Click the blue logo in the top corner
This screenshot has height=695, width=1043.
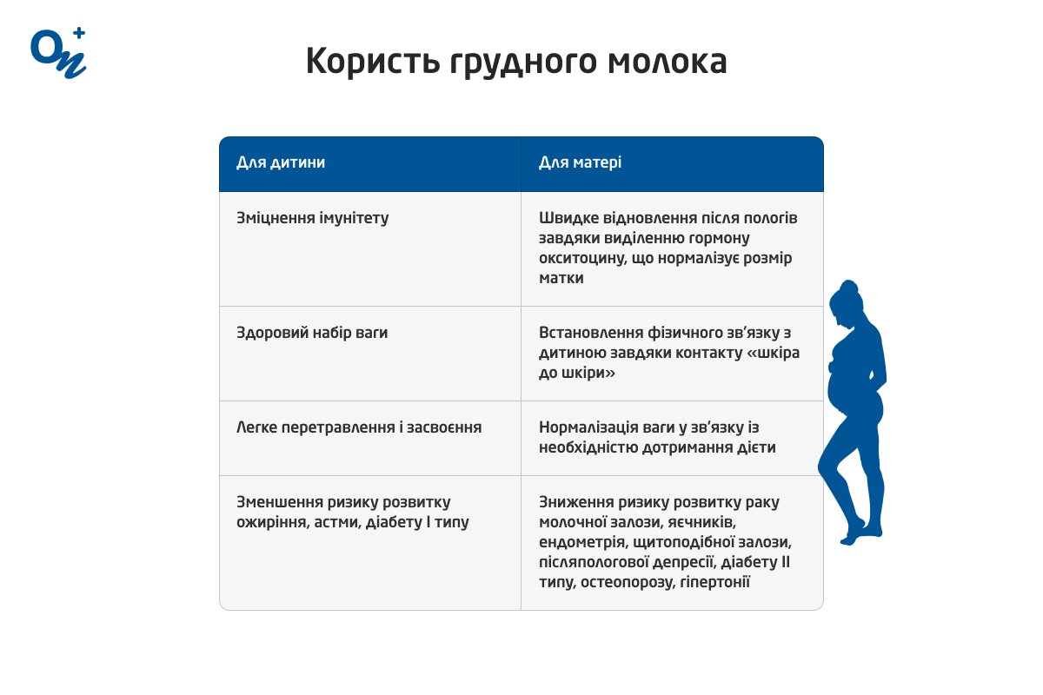(57, 52)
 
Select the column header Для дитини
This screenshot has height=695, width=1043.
(281, 162)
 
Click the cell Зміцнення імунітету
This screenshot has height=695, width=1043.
(312, 217)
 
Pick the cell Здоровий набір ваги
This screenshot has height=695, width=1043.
(312, 332)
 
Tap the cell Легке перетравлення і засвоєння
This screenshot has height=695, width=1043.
(359, 427)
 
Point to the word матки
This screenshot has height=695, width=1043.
(561, 278)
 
